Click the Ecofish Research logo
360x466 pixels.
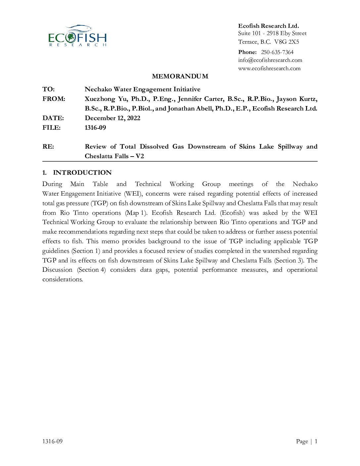click(77, 36)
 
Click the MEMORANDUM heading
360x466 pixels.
click(180, 76)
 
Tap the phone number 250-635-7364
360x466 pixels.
click(277, 52)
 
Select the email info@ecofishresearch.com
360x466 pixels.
click(270, 60)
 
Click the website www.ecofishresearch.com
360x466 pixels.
click(269, 69)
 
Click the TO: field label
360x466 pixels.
click(49, 89)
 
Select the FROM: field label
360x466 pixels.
click(54, 99)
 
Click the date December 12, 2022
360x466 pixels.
click(112, 118)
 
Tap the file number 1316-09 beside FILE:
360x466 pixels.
click(95, 128)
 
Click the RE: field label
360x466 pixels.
click(48, 147)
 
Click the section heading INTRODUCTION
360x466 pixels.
click(82, 173)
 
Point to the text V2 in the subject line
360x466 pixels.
click(140, 156)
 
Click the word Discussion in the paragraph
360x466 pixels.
click(57, 270)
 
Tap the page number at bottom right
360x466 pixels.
click(316, 441)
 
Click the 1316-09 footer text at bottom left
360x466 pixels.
click(52, 441)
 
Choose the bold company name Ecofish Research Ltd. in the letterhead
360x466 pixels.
click(268, 26)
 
